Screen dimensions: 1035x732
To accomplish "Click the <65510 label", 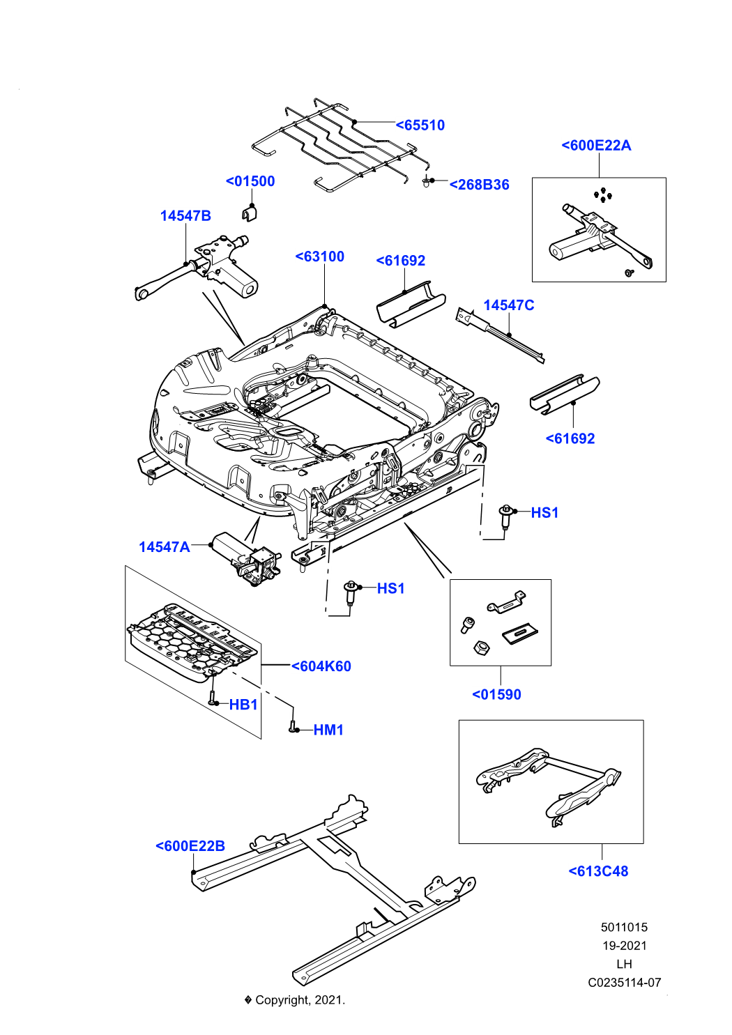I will tap(420, 125).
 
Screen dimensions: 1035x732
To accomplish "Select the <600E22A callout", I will tap(596, 145).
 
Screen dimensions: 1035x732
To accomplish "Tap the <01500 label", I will tap(250, 181).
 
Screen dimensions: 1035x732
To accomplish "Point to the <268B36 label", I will tap(479, 185).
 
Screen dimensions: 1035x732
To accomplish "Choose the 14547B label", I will tap(185, 216).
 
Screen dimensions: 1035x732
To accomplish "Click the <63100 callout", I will tap(320, 256).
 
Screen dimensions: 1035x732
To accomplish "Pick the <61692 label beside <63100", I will tap(401, 261).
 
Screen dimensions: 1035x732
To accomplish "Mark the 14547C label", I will tap(509, 305).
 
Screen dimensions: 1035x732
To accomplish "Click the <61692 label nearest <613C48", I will tap(570, 438).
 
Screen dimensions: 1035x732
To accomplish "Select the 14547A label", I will tap(164, 547).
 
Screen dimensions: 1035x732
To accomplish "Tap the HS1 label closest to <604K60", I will tap(391, 588).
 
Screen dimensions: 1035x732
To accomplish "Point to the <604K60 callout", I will tap(321, 666).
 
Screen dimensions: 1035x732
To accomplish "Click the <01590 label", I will tap(497, 695).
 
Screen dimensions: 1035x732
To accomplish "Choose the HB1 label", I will tap(243, 705).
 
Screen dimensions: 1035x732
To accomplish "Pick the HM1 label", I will tap(329, 730).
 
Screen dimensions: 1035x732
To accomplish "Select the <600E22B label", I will tap(190, 846).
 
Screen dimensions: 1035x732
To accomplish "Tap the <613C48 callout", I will tap(598, 871).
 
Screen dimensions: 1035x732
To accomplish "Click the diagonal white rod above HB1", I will tap(260, 689).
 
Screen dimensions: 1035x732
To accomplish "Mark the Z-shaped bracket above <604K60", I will tap(328, 578).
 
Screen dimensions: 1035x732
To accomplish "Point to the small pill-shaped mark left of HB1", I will tap(213, 684).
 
